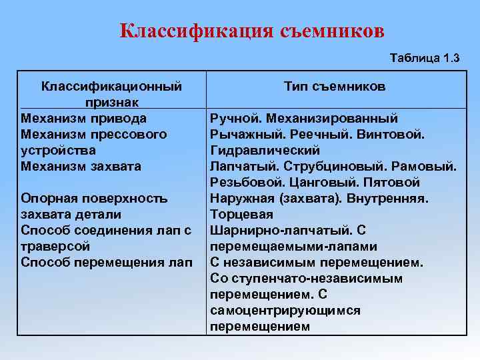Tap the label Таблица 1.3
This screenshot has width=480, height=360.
click(423, 59)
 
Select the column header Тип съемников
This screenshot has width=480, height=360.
click(334, 87)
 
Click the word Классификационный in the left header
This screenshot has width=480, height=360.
click(111, 87)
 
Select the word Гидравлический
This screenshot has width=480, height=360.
click(265, 151)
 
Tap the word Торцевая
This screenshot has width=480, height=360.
click(241, 214)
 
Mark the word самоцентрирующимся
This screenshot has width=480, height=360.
click(285, 310)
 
